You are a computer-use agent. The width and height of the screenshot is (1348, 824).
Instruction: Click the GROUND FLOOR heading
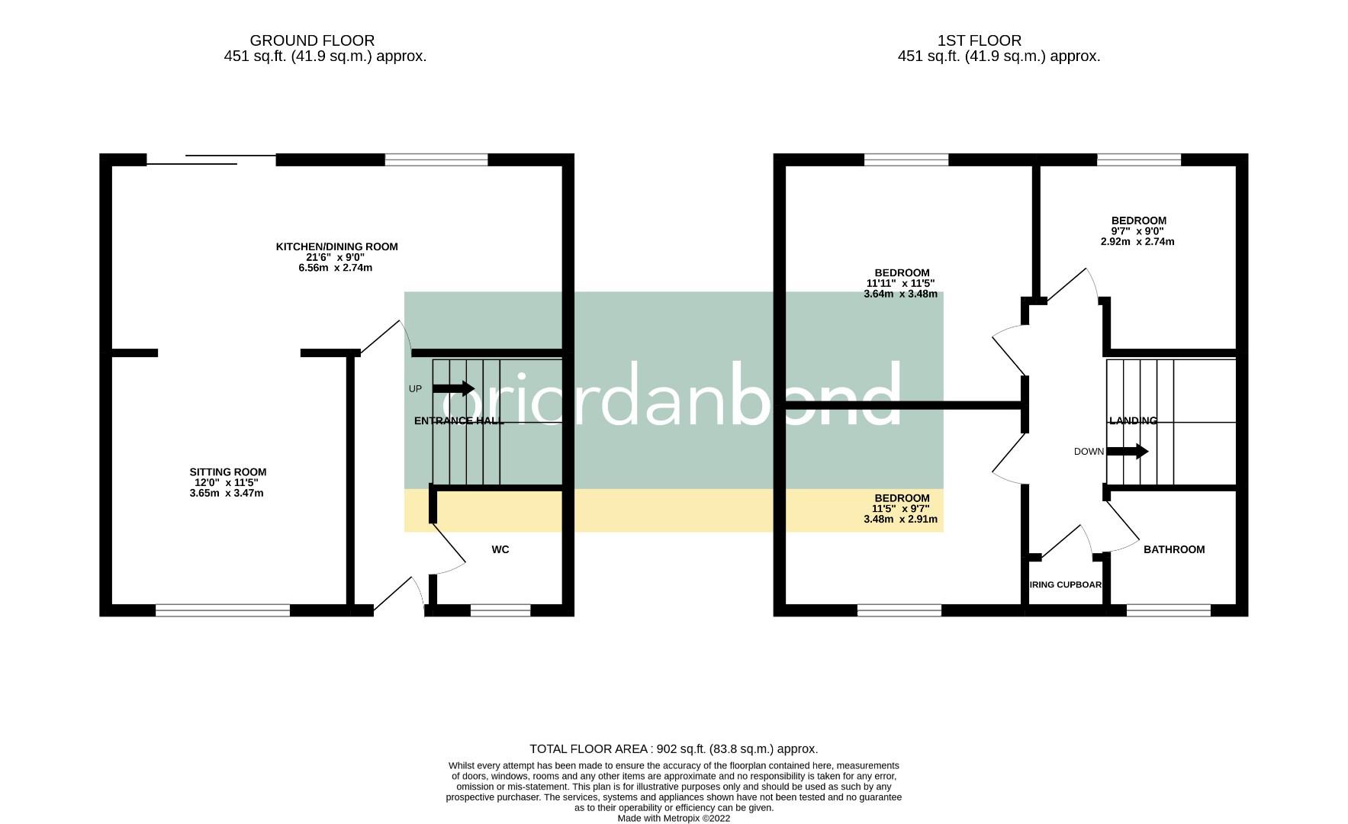click(312, 40)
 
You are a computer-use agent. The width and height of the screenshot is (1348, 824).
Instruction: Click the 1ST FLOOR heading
click(979, 40)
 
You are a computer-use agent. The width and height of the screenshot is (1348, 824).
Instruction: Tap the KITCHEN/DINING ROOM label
click(336, 246)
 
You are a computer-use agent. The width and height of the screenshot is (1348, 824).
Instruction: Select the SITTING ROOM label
click(228, 472)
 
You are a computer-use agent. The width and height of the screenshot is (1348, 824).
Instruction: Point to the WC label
click(500, 549)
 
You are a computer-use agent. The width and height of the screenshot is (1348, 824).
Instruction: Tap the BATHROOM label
click(1173, 549)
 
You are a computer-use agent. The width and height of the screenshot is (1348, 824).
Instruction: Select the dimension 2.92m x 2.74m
click(1137, 242)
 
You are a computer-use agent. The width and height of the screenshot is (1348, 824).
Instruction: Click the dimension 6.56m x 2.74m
click(336, 268)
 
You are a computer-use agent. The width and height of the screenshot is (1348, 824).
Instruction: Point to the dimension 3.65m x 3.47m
click(227, 494)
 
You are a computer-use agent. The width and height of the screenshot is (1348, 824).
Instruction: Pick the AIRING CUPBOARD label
click(1065, 585)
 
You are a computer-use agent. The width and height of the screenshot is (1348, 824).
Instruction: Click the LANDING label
click(1133, 420)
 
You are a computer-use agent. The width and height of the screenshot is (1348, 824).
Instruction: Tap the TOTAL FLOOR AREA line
click(674, 749)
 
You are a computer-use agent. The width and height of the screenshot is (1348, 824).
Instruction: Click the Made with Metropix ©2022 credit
click(674, 818)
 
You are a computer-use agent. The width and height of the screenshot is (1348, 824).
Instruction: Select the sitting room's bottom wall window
click(223, 610)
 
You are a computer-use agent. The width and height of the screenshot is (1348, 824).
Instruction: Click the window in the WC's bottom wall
click(500, 610)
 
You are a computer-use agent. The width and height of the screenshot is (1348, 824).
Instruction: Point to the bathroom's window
click(1168, 610)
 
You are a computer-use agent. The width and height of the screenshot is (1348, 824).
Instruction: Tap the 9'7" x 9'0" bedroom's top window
click(1138, 159)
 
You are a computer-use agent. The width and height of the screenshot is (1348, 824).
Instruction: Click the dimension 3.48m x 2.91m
click(900, 520)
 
